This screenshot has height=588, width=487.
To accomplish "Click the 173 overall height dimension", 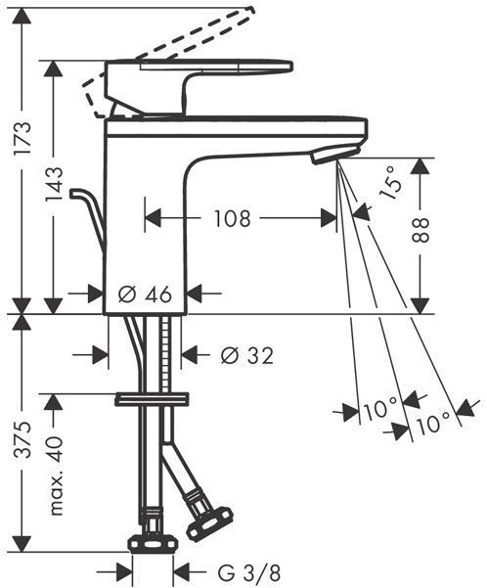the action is point(22,138).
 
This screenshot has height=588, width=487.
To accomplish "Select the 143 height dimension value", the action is point(54,184).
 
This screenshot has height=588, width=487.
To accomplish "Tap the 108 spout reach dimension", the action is point(232,218).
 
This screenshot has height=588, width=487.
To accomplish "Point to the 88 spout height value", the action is point(421,230).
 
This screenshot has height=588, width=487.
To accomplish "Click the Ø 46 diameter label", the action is point(145,294).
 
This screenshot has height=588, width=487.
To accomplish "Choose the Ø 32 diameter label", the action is point(246,355).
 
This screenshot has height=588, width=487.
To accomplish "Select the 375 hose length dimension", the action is point(22,439).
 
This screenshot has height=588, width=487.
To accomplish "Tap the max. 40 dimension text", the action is point(56,475).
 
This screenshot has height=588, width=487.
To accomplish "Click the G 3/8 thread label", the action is point(248,572).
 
